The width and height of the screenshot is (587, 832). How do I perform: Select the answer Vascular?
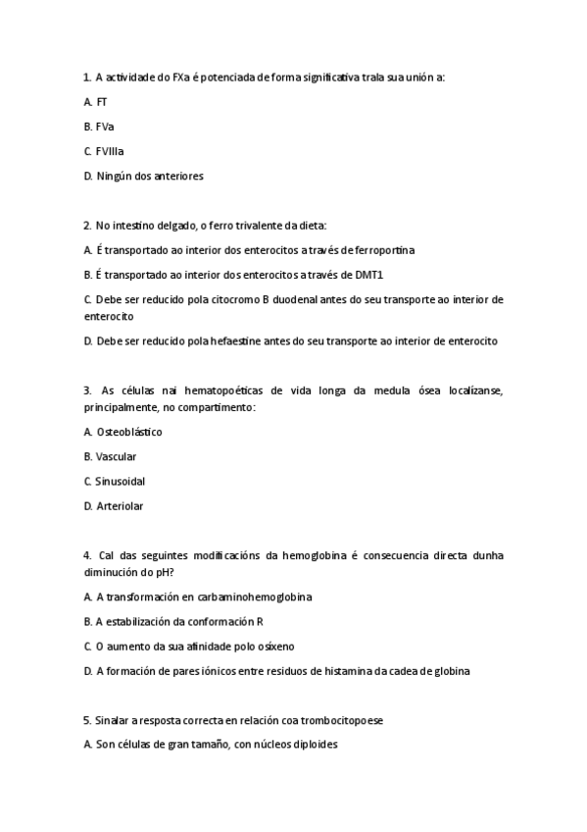116,456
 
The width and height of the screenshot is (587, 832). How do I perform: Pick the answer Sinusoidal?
121,481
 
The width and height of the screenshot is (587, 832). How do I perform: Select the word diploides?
309,745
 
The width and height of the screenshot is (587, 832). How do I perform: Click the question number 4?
87,555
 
